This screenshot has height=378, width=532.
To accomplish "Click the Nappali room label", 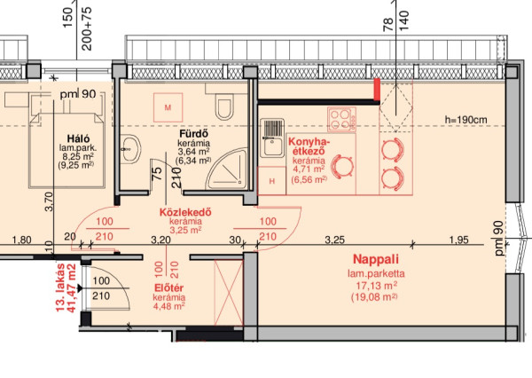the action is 376,259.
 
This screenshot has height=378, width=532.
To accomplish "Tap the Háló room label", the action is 78,138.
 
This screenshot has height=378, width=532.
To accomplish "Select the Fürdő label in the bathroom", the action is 193,133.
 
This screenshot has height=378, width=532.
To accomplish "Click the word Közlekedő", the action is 185,212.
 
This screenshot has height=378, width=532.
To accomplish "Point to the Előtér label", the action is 168,288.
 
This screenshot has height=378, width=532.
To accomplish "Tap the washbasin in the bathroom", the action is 131,149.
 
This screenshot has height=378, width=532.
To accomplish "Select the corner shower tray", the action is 228,169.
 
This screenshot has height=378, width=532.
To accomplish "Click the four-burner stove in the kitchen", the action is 341,119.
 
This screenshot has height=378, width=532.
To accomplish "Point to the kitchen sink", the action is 272,138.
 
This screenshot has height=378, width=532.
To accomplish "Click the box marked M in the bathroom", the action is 168,107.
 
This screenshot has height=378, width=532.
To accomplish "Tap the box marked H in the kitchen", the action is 272,181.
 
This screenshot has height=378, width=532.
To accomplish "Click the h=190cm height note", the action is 465,120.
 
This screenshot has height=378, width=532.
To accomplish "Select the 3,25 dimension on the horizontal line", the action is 334,240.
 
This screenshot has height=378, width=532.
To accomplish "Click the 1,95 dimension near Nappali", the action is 458,240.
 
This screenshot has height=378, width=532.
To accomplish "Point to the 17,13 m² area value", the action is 377,286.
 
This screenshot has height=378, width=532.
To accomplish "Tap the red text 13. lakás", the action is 60,287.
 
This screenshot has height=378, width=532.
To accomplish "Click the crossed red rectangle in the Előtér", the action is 229,293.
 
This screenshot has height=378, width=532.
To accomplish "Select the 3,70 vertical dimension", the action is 49,201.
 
